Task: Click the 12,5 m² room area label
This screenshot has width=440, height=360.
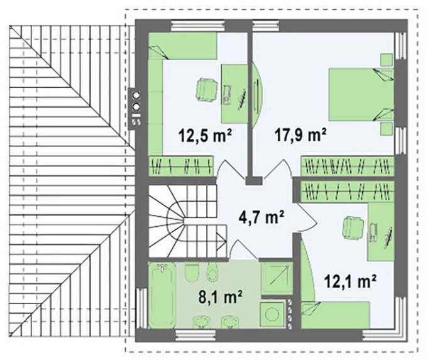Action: (x=206, y=136)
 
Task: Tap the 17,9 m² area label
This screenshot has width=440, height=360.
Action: (x=301, y=135)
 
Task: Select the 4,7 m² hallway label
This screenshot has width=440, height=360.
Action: (x=261, y=217)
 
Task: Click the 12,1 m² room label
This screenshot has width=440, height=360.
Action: (x=351, y=281)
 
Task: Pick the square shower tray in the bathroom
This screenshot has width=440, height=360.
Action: (x=277, y=278)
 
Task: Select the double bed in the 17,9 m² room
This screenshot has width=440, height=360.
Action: (x=361, y=94)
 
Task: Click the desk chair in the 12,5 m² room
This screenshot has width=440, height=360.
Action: (x=207, y=89)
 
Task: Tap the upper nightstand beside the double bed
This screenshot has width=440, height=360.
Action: (x=387, y=60)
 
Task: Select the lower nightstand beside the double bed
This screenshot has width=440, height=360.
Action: (x=387, y=128)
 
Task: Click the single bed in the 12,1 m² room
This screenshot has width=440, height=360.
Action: (x=335, y=315)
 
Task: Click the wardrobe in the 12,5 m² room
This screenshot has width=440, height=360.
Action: (x=181, y=166)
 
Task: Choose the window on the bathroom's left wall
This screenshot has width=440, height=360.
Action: (x=141, y=308)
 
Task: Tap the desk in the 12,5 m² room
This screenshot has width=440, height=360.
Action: (x=234, y=94)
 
